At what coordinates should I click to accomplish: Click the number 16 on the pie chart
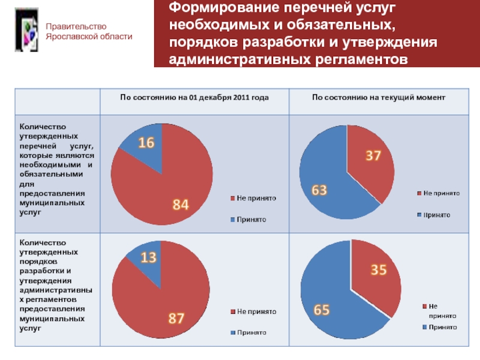(x=147, y=143)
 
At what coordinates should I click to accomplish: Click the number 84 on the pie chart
(x=181, y=205)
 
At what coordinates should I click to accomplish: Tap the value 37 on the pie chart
(x=373, y=156)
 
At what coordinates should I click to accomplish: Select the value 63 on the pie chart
(x=319, y=190)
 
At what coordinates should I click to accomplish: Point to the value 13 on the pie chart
(x=149, y=257)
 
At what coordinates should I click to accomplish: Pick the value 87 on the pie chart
(x=176, y=319)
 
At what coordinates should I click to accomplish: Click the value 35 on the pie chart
(x=378, y=271)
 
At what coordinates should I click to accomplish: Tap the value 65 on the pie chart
(x=322, y=310)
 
